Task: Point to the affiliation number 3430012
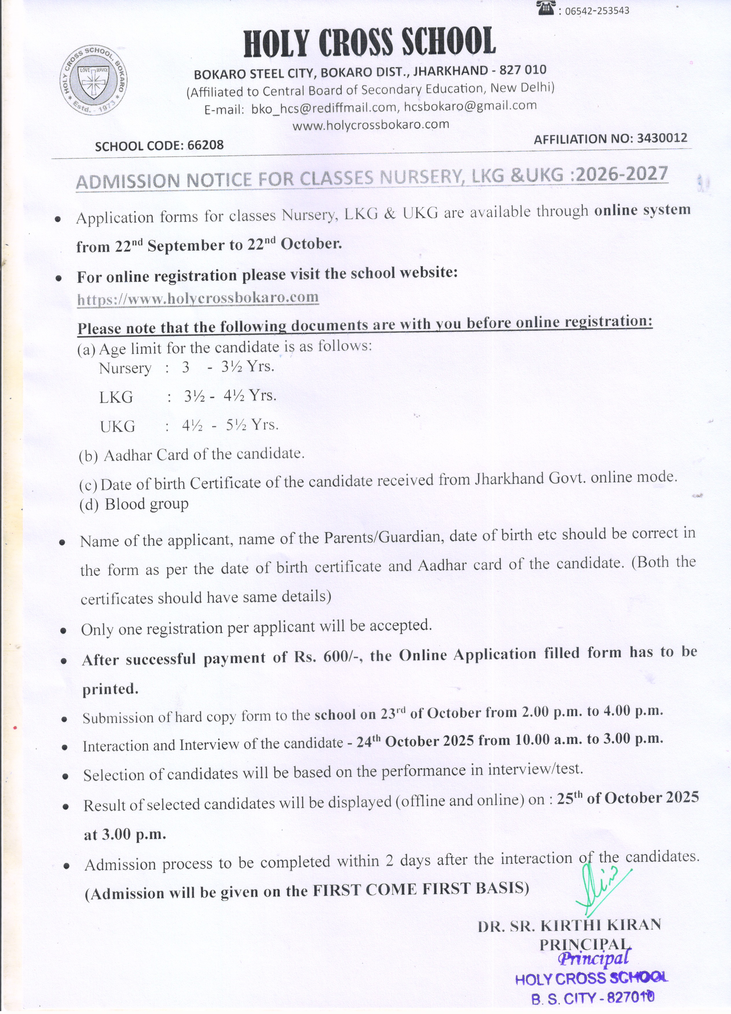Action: point(662,138)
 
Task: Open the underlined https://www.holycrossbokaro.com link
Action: point(198,298)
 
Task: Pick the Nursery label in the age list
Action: point(125,368)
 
